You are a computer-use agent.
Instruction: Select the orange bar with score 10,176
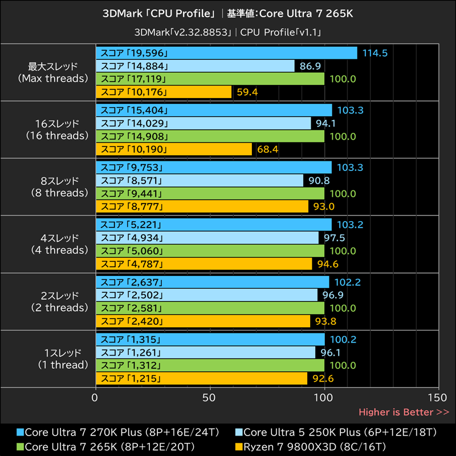point(164,92)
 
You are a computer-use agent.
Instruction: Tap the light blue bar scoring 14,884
point(196,66)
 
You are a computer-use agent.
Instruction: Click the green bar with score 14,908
point(210,136)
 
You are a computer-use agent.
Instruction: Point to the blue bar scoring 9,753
point(214,168)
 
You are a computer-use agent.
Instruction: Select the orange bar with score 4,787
point(204,264)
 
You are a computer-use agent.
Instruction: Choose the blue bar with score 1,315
point(210,340)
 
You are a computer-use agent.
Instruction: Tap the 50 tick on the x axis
point(210,397)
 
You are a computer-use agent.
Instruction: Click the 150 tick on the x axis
point(439,397)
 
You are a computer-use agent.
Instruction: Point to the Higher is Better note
point(404,412)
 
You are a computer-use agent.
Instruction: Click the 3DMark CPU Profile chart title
point(227,13)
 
